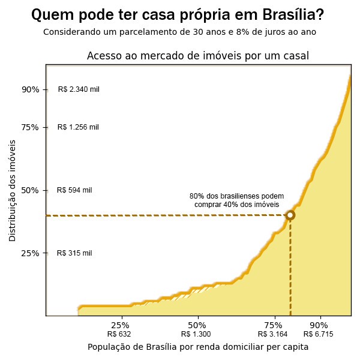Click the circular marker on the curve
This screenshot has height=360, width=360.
(x=290, y=215)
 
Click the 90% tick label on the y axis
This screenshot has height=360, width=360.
(x=31, y=89)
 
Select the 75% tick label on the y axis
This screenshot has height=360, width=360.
(x=31, y=127)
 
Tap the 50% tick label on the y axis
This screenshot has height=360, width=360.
(x=31, y=190)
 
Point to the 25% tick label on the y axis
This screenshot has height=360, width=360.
(x=31, y=253)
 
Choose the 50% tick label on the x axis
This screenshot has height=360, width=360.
(x=197, y=325)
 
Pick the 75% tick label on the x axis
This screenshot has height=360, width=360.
(x=274, y=325)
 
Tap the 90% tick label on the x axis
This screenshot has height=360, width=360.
(x=319, y=325)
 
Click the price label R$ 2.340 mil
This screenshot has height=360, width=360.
(x=79, y=89)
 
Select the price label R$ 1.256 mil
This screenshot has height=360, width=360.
(x=78, y=127)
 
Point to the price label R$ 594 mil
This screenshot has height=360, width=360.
(x=74, y=190)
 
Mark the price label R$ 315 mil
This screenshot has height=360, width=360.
(x=74, y=253)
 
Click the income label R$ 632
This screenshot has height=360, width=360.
(x=119, y=334)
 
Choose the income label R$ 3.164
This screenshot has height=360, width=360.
(x=273, y=334)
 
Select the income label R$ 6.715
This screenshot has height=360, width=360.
(x=319, y=334)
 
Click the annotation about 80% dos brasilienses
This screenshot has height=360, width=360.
(x=237, y=200)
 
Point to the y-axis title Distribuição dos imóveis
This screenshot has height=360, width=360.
(x=13, y=190)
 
